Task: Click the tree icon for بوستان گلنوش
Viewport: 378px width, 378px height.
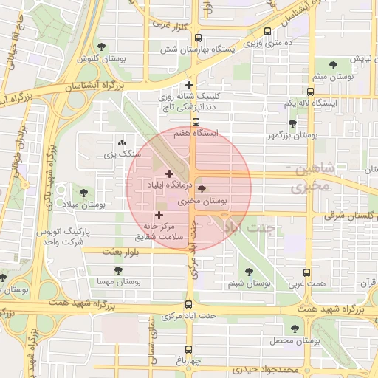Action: coord(100,47)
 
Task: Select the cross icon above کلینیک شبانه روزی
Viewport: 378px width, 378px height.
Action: coord(190,85)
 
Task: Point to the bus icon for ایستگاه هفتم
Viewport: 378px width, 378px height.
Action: coord(196,123)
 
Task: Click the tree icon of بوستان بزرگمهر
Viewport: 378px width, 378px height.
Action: coord(292,124)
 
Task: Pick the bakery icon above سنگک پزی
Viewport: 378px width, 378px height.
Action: coord(121,142)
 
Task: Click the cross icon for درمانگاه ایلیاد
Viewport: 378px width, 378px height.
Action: coord(169,173)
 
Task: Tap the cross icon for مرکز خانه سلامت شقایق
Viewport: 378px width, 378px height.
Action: coord(159,215)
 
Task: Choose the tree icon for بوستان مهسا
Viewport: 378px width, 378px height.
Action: coord(111,270)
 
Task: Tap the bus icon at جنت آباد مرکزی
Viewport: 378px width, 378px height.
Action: coord(189,304)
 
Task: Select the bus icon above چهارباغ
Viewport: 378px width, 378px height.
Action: coord(189,349)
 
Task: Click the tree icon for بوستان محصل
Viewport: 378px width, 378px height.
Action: coord(295,329)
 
